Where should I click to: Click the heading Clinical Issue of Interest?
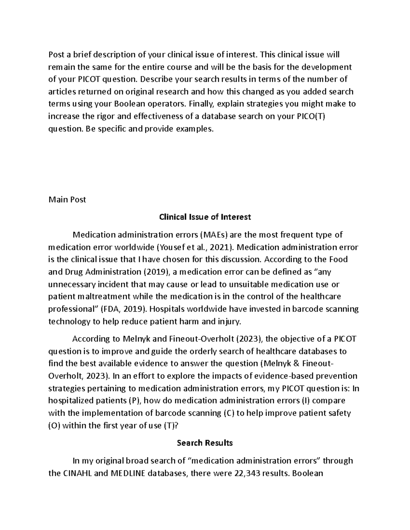(205, 217)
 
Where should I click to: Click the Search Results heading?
(205, 443)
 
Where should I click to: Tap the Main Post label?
(67, 200)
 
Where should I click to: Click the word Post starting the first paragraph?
(56, 55)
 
